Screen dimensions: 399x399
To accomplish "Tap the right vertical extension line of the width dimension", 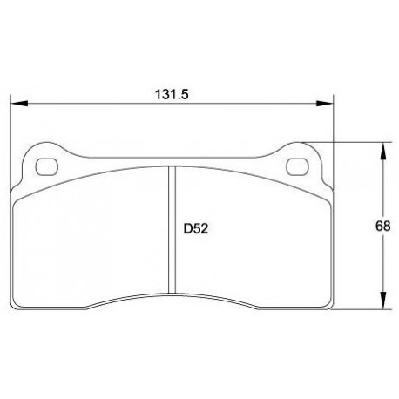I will (x=336, y=122).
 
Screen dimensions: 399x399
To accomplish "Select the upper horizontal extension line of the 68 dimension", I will (x=357, y=142).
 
